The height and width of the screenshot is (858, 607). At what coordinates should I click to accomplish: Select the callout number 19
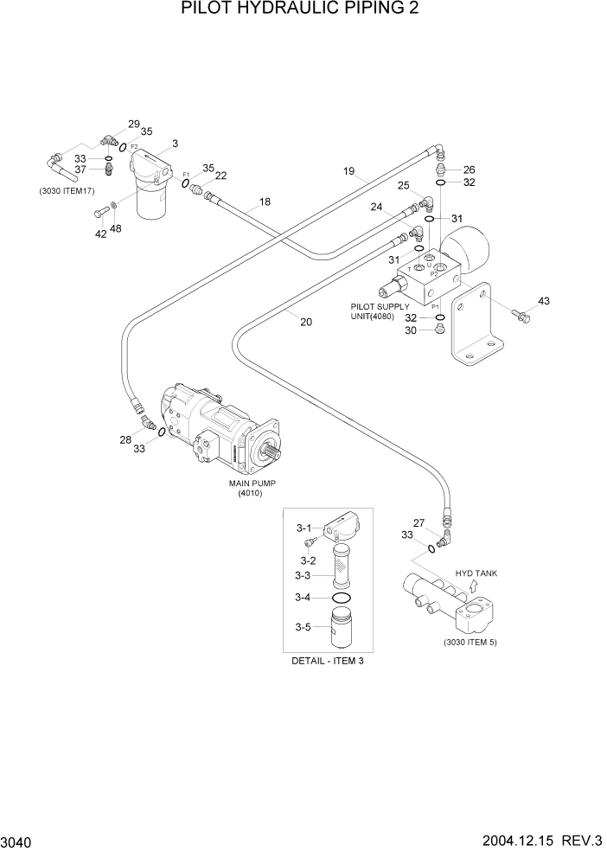point(348,171)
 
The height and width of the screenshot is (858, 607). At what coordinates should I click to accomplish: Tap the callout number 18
point(265,202)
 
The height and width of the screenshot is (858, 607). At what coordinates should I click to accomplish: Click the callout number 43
point(543,301)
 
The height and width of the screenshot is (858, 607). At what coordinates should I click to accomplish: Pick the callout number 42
point(100,234)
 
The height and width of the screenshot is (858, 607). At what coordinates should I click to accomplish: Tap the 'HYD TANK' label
point(476,573)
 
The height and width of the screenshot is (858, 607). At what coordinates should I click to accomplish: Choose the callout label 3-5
point(303,628)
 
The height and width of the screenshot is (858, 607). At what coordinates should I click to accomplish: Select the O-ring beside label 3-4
point(342,598)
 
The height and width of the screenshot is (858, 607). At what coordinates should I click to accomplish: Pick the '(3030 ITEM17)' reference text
point(66,190)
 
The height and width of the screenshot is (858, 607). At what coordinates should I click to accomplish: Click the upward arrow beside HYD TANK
point(473,586)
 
